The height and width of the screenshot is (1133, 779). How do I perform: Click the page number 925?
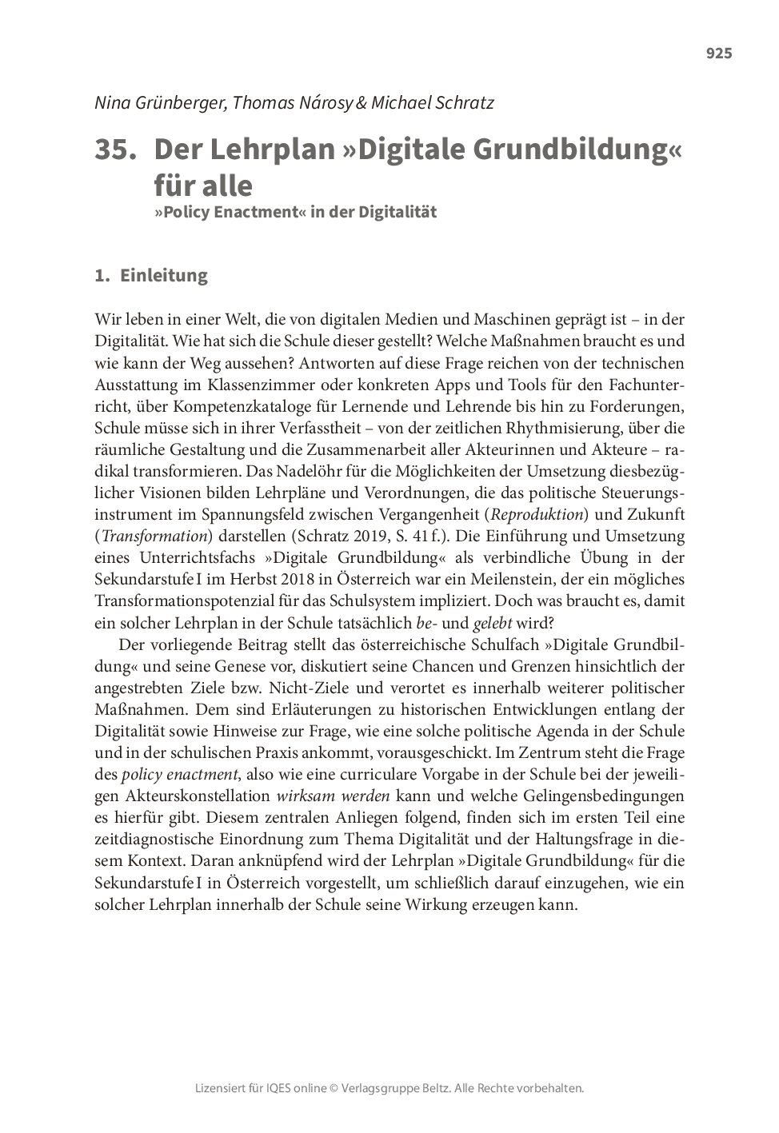(718, 54)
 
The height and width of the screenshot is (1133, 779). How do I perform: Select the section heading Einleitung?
(163, 275)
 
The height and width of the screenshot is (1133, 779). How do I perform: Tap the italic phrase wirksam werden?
(333, 796)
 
